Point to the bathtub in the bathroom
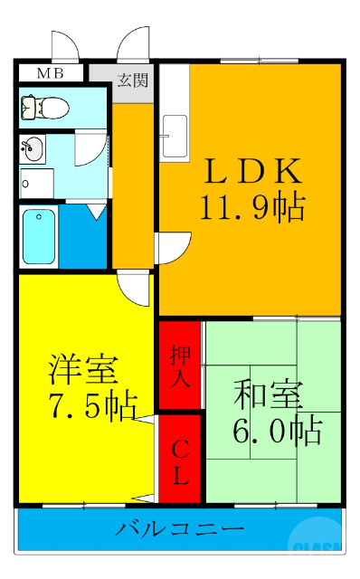coord(39,234)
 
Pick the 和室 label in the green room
coord(269,396)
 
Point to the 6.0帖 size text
coord(277,430)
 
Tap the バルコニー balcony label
coord(178,529)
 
